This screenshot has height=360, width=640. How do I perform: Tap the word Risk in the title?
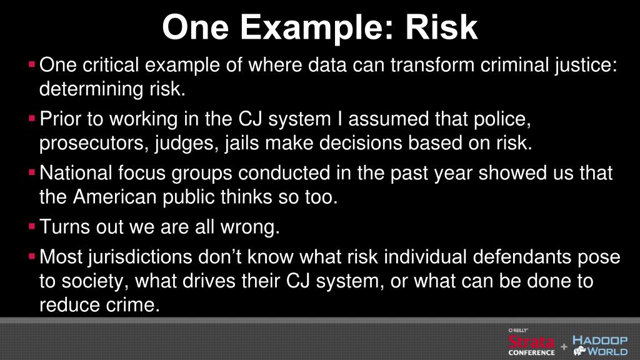[441, 27]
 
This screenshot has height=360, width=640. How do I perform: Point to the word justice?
[585, 65]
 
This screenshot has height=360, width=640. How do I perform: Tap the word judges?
[182, 143]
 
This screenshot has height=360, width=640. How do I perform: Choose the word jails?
[241, 143]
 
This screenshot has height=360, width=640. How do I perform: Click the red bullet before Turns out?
[32, 226]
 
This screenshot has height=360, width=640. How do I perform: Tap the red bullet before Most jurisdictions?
[32, 256]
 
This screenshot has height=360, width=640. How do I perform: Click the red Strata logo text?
[532, 341]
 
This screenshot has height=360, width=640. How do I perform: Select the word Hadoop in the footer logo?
[600, 339]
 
